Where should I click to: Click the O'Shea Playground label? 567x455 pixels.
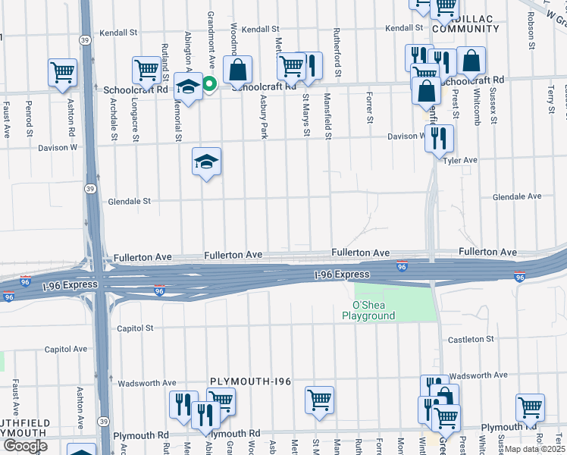click(368, 310)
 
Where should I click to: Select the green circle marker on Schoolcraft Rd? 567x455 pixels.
click(208, 85)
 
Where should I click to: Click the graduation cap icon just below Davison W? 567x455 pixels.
click(206, 162)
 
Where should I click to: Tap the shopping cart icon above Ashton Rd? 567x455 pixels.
click(63, 73)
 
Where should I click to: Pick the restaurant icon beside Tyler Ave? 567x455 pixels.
click(439, 138)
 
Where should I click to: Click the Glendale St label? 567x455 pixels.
click(130, 202)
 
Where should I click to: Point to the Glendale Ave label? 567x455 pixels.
click(517, 196)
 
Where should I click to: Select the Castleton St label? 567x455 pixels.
click(471, 339)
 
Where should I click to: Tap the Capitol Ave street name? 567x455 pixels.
click(66, 350)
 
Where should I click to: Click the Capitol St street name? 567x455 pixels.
click(136, 328)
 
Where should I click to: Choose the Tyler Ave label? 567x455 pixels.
click(460, 161)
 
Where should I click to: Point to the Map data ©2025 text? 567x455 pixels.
click(535, 449)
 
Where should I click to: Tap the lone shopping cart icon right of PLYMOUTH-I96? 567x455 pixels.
click(319, 399)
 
